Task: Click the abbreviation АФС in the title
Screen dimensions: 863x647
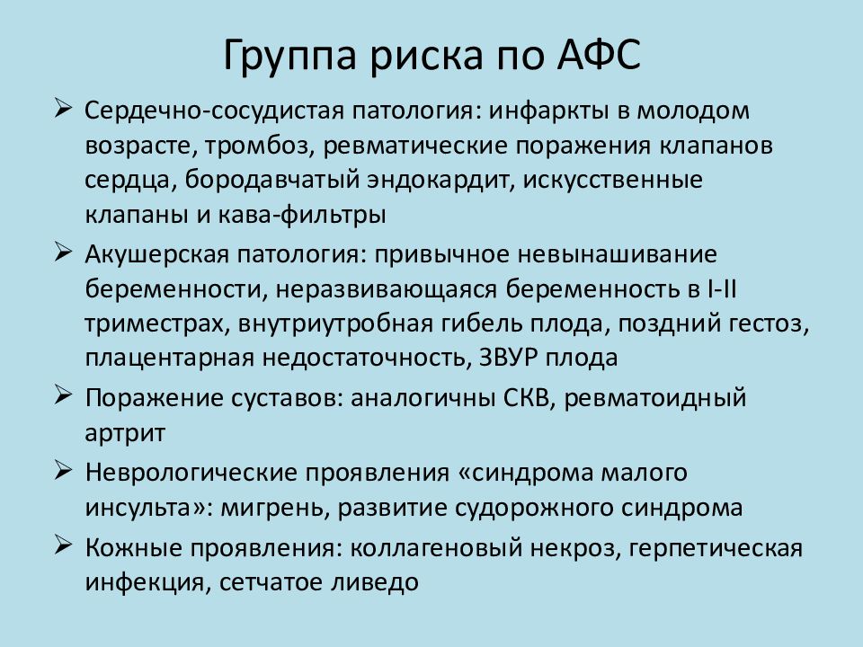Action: (x=599, y=55)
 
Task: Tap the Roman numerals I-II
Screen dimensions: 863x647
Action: (x=721, y=289)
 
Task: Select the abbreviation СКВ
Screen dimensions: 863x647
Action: (x=530, y=398)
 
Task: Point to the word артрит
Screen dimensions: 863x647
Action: (x=125, y=433)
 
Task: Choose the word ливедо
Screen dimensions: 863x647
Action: (x=375, y=582)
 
